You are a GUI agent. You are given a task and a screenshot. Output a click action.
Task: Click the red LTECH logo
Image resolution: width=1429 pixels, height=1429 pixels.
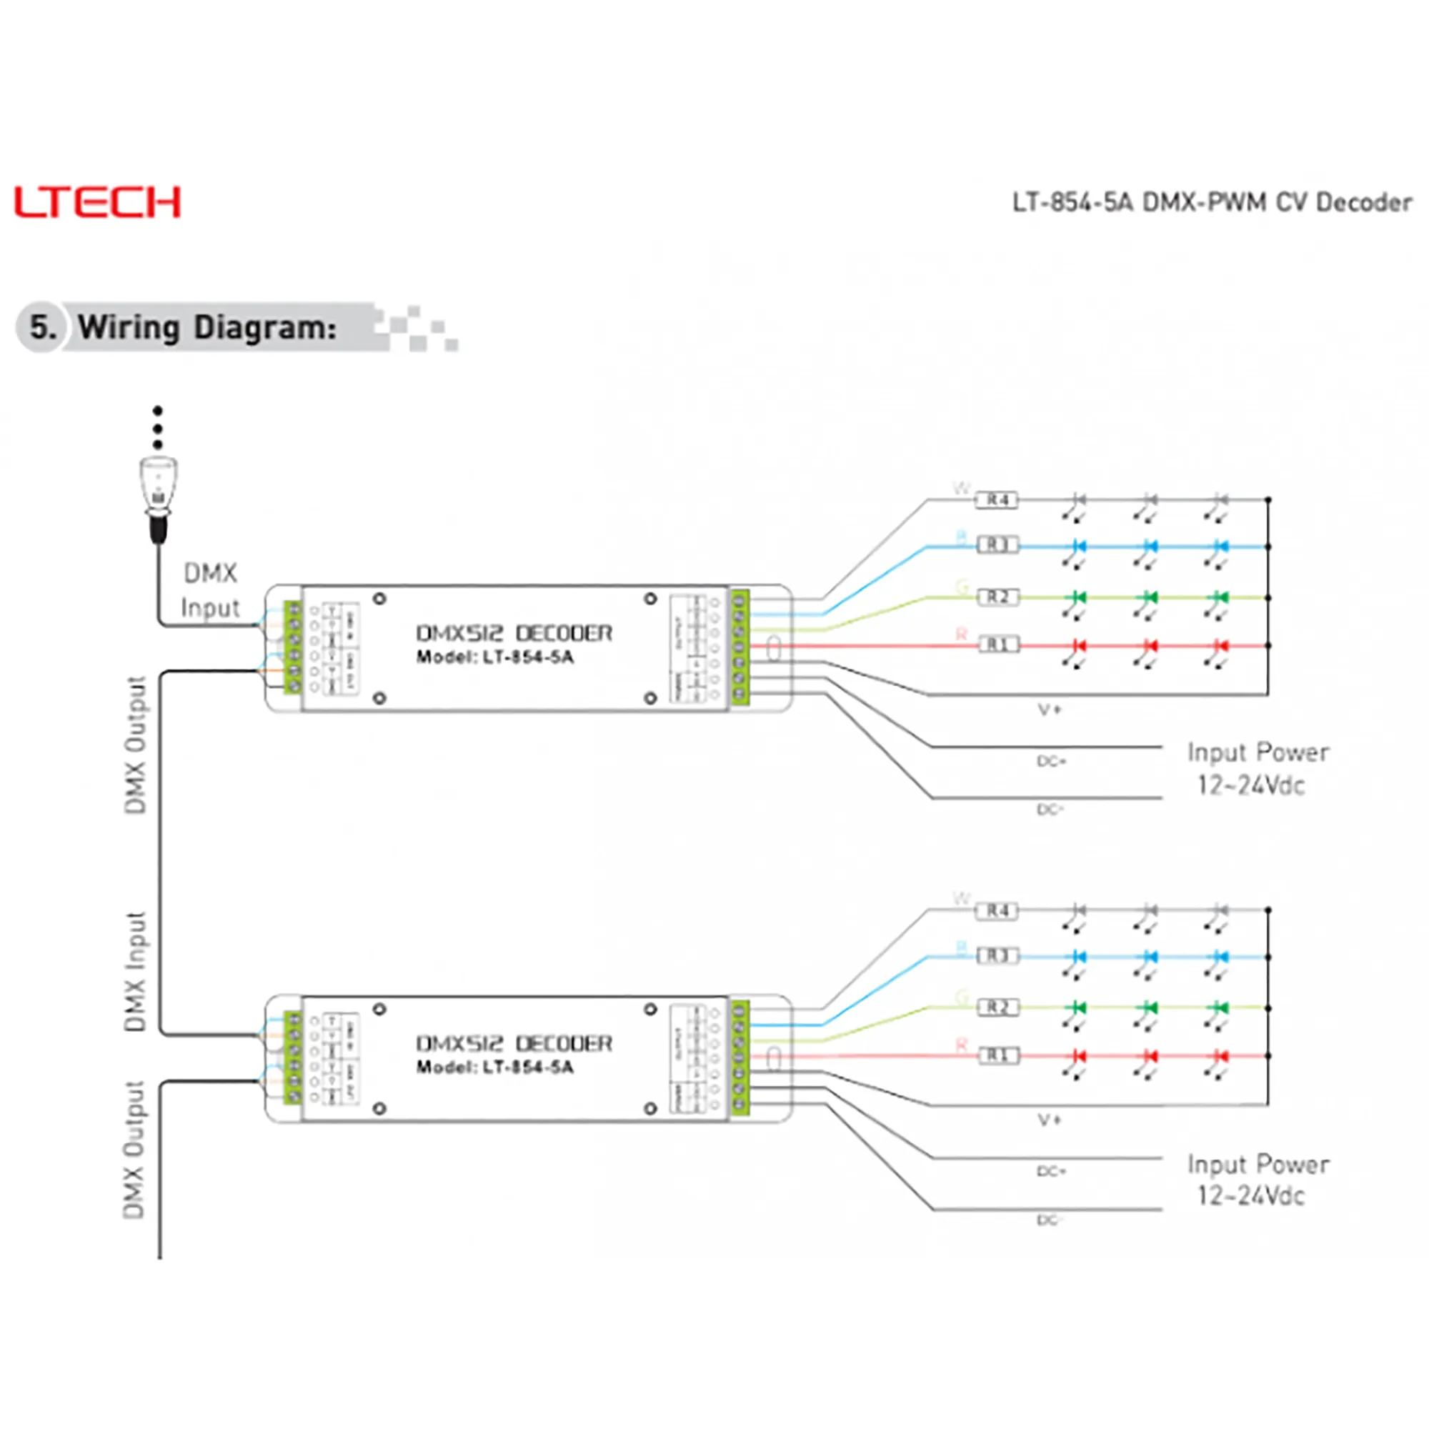coord(97,202)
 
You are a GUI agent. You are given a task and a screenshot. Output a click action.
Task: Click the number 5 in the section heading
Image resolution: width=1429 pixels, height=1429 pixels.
coord(42,327)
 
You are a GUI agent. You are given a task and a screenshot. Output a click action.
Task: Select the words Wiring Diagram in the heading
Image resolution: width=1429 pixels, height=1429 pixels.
coord(206,327)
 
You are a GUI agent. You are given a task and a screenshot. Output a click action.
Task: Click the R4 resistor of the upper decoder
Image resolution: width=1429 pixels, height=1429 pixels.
coord(997,500)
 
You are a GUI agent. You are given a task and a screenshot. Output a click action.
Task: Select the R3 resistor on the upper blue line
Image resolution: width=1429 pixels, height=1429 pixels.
coord(997,545)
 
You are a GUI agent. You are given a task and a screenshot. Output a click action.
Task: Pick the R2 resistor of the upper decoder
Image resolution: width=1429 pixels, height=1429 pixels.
coord(997,597)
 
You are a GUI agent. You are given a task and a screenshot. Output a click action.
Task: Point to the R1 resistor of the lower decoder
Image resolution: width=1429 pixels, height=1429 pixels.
coord(997,1055)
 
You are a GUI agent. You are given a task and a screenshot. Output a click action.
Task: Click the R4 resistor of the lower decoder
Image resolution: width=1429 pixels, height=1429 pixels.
coord(997,910)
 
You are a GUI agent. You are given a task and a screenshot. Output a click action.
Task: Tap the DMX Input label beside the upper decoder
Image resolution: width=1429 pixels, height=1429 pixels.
coord(210,590)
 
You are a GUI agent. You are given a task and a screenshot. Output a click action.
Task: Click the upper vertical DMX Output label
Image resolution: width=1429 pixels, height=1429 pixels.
coord(135,745)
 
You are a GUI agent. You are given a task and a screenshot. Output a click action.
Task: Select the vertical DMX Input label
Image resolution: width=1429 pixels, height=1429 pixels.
coord(135,971)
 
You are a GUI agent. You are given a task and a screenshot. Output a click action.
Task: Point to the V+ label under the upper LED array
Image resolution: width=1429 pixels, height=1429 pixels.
coord(1050,710)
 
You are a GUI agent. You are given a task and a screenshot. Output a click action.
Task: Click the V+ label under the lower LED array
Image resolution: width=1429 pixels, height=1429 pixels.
coord(1050,1120)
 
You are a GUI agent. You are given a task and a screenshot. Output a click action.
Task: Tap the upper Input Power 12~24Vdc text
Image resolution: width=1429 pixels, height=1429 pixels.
coord(1257,769)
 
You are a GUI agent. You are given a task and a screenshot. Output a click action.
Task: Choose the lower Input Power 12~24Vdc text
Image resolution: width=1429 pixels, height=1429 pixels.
coord(1257,1180)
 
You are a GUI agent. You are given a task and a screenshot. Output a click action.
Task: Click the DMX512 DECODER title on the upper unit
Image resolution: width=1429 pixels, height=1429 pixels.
coord(514,633)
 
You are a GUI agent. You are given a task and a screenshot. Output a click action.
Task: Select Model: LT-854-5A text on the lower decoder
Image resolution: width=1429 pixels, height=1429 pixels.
coord(495,1067)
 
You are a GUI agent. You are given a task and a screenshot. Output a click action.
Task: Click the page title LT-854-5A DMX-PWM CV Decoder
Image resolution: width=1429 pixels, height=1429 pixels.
coord(1212,202)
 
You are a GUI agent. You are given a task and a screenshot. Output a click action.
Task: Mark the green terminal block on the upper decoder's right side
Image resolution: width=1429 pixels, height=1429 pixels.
coord(739,648)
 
